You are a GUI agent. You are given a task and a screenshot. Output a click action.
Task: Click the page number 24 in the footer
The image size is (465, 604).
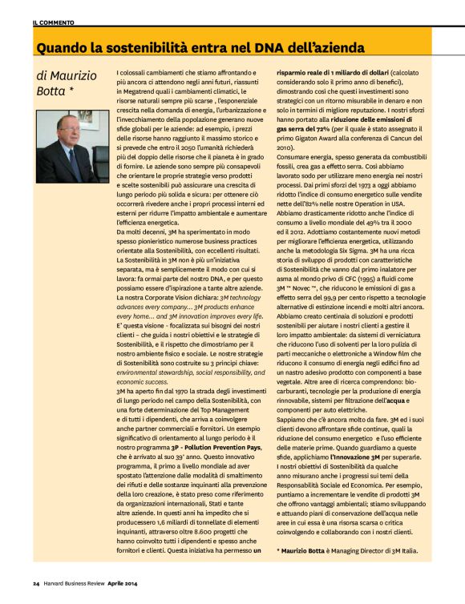[x=36, y=582]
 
